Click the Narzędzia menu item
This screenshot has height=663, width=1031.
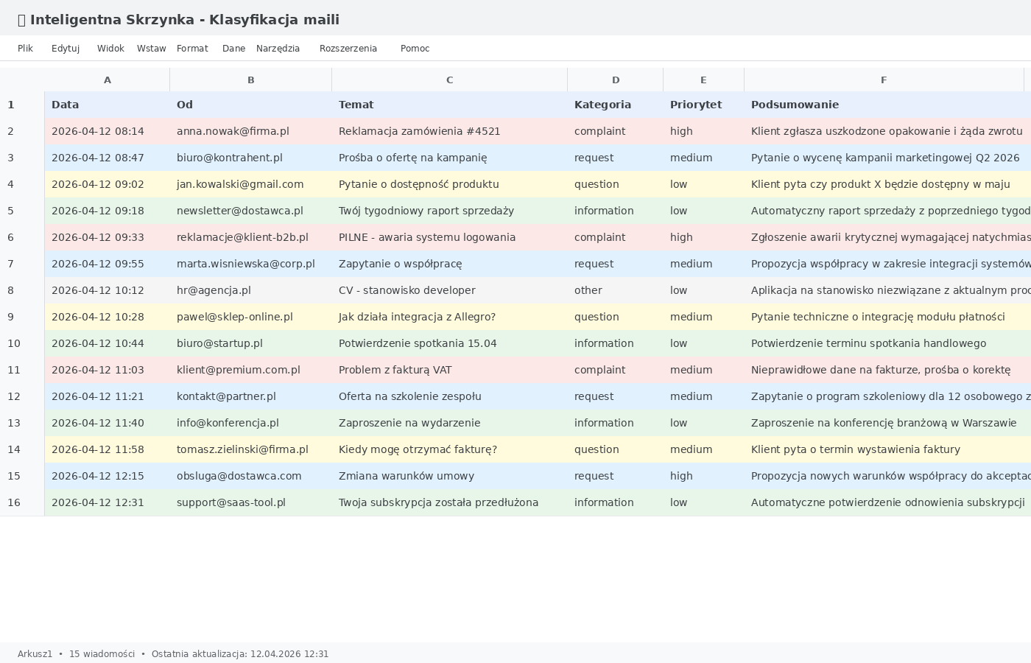click(278, 49)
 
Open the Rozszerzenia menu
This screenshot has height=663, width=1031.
click(348, 49)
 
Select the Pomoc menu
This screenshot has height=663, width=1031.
click(415, 49)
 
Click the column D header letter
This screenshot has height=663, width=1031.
click(615, 80)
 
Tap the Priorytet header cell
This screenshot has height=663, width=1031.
click(695, 105)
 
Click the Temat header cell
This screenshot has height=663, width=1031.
click(356, 105)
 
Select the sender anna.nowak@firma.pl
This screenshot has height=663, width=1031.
click(233, 131)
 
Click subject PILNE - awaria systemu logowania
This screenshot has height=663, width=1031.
click(427, 237)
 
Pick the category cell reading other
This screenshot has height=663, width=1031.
click(588, 290)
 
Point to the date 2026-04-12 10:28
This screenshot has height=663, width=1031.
click(98, 317)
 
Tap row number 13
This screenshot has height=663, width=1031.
click(14, 423)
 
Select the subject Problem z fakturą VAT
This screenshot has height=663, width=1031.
click(395, 370)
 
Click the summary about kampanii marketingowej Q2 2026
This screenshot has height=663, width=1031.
click(884, 158)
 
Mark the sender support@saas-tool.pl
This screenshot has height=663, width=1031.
click(231, 502)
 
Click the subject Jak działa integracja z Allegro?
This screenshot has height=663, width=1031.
click(417, 317)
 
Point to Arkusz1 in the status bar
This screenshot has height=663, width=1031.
click(35, 654)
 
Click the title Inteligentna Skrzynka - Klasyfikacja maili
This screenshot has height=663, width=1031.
click(184, 20)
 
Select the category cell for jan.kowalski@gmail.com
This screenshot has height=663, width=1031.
click(597, 184)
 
